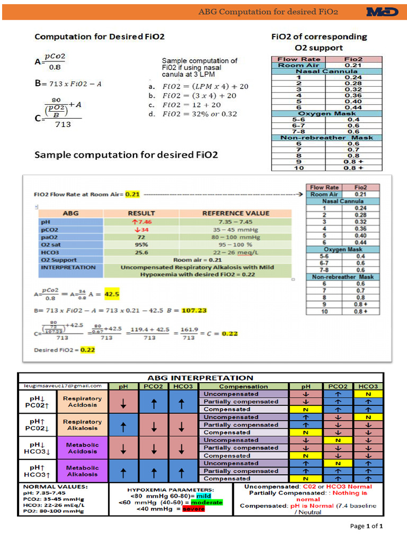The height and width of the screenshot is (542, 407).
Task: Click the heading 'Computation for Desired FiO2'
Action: point(100,37)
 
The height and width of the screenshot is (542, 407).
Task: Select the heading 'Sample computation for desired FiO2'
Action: point(126,155)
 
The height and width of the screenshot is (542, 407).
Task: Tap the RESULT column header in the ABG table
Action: point(141,213)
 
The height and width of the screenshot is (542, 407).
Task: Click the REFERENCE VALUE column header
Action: point(236,213)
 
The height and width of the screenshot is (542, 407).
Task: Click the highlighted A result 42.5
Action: point(113,293)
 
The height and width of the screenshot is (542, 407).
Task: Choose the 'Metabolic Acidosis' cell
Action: point(82,448)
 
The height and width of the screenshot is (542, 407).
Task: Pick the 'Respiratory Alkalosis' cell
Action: point(82,425)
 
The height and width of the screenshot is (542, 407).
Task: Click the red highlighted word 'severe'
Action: point(193,509)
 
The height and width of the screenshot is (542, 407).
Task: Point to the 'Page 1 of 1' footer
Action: point(367,526)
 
